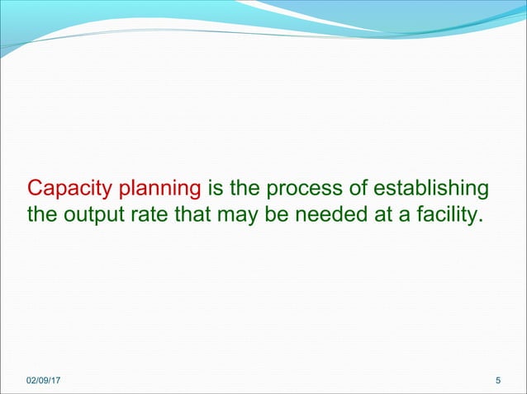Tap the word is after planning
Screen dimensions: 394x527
click(214, 189)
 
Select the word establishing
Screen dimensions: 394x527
click(428, 189)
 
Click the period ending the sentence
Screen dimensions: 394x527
click(480, 224)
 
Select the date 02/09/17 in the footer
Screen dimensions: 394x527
click(48, 379)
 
